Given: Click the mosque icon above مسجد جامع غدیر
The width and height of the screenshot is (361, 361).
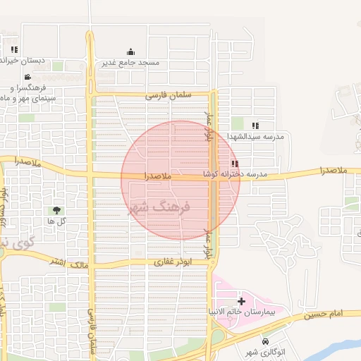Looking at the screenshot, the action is point(131,51).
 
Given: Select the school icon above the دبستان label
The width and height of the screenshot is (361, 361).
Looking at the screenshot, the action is point(14,49).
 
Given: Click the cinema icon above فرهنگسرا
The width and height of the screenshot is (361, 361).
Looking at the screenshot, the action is point(27,77).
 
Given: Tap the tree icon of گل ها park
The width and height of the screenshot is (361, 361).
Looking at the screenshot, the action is point(56,210).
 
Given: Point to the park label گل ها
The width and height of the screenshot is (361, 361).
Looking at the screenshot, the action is point(56,221).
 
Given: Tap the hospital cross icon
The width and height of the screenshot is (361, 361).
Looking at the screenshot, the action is point(242,301).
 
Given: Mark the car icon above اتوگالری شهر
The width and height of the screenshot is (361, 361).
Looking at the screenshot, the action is point(265,342).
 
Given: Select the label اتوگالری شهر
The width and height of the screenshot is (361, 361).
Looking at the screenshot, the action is point(265,352).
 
